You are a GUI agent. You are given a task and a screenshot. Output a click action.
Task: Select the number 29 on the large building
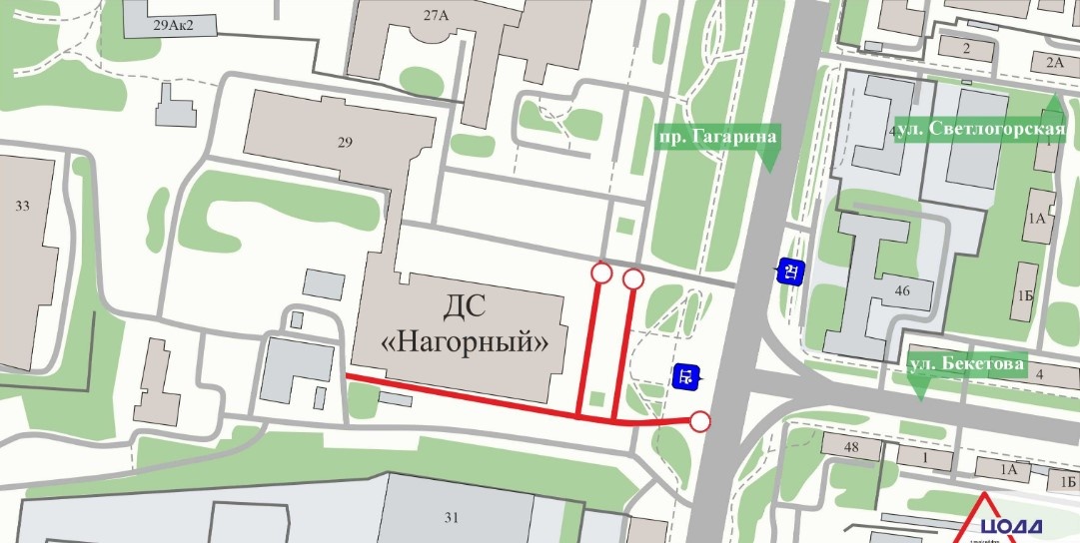click(x=346, y=143)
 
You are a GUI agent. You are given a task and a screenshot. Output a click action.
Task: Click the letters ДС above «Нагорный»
click(x=468, y=304)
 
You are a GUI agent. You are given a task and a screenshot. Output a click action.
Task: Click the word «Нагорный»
click(x=467, y=342)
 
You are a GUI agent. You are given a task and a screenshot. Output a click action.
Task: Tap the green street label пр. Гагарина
click(x=716, y=136)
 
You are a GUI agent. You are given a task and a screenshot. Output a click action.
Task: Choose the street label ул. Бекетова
click(x=966, y=365)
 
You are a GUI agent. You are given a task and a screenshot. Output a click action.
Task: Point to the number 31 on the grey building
click(x=451, y=517)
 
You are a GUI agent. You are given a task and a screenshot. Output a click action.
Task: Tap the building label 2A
click(x=1054, y=62)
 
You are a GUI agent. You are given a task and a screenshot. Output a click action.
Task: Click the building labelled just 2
click(x=966, y=47)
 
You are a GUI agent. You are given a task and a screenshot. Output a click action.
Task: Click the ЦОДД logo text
click(x=1010, y=527)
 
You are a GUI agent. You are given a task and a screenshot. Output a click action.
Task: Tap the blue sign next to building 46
click(x=790, y=271)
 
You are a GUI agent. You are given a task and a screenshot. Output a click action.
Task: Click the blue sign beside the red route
click(x=685, y=377)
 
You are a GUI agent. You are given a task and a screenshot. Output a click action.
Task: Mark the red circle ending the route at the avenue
click(x=700, y=422)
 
